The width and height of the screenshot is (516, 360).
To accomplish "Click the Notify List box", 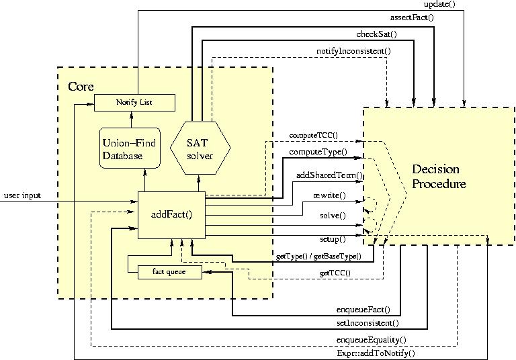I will tap(134, 102).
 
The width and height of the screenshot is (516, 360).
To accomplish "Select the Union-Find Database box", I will tap(129, 148).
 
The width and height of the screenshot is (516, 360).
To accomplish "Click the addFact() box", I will tap(171, 215).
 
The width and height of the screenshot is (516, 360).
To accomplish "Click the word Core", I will tap(81, 87).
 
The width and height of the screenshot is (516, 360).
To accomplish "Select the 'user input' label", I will tap(22, 195).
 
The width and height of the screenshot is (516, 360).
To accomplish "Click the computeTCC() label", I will tap(313, 136).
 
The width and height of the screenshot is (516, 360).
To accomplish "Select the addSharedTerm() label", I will tap(329, 175).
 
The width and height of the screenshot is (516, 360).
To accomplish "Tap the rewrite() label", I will tap(329, 195).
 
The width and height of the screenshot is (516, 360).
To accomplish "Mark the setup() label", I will tap(332, 238).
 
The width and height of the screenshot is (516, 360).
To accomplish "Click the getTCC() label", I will tap(333, 273).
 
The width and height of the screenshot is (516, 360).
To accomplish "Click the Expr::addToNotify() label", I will tap(375, 352).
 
